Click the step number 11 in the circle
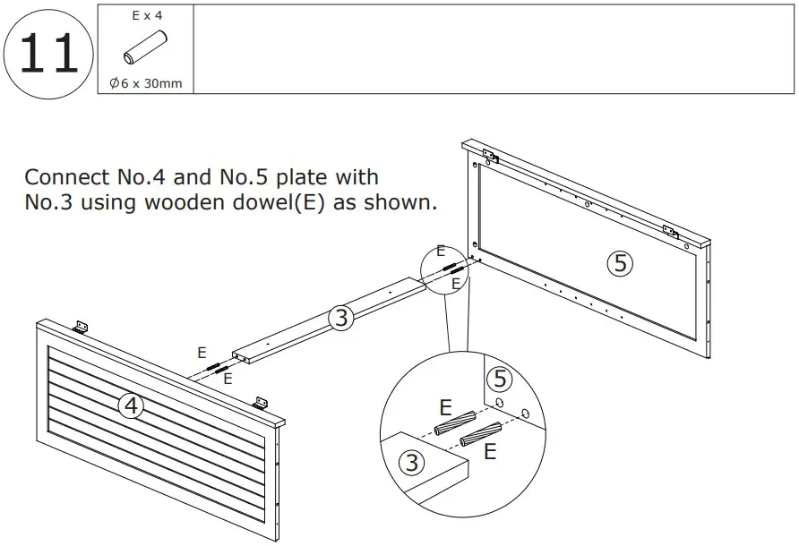(x=48, y=53)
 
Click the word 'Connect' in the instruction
(x=68, y=177)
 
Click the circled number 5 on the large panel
(x=619, y=262)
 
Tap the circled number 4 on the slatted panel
(x=132, y=406)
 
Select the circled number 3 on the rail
(x=339, y=317)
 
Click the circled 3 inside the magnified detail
(x=411, y=463)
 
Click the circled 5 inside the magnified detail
(x=500, y=379)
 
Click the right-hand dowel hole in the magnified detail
(x=525, y=413)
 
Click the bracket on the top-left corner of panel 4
(x=79, y=328)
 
